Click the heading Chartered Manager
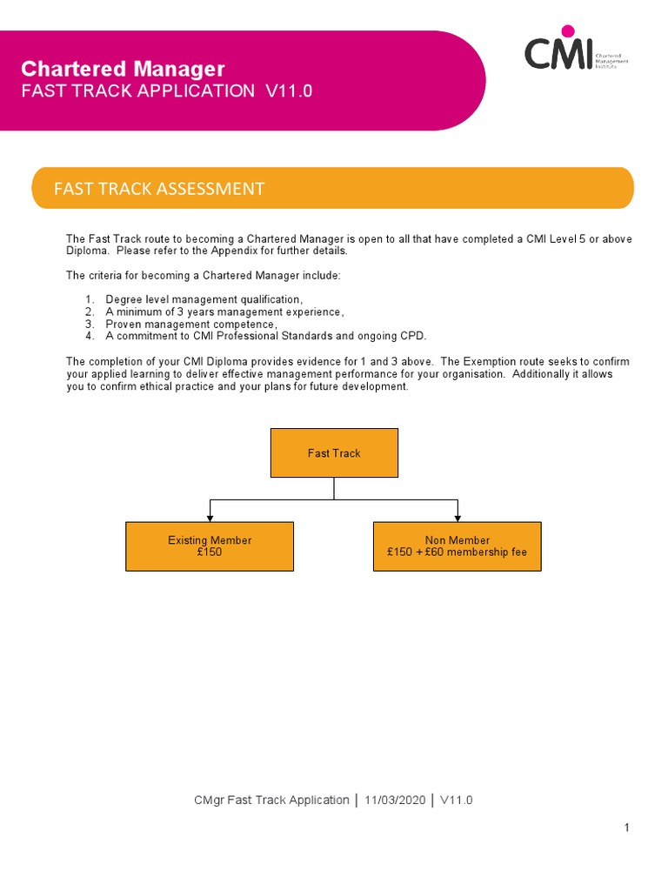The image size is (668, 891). tap(123, 69)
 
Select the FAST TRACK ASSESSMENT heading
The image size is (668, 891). tap(159, 189)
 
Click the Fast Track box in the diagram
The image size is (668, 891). tap(334, 452)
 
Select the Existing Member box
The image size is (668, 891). tap(210, 546)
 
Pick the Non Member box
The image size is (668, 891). tap(457, 546)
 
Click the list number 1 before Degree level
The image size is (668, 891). tap(89, 300)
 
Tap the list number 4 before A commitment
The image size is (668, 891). tap(89, 336)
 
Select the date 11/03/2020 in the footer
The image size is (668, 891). tap(396, 800)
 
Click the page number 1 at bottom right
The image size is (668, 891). tap(626, 827)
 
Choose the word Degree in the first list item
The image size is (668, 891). tap(124, 300)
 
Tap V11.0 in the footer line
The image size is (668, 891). tap(457, 800)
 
